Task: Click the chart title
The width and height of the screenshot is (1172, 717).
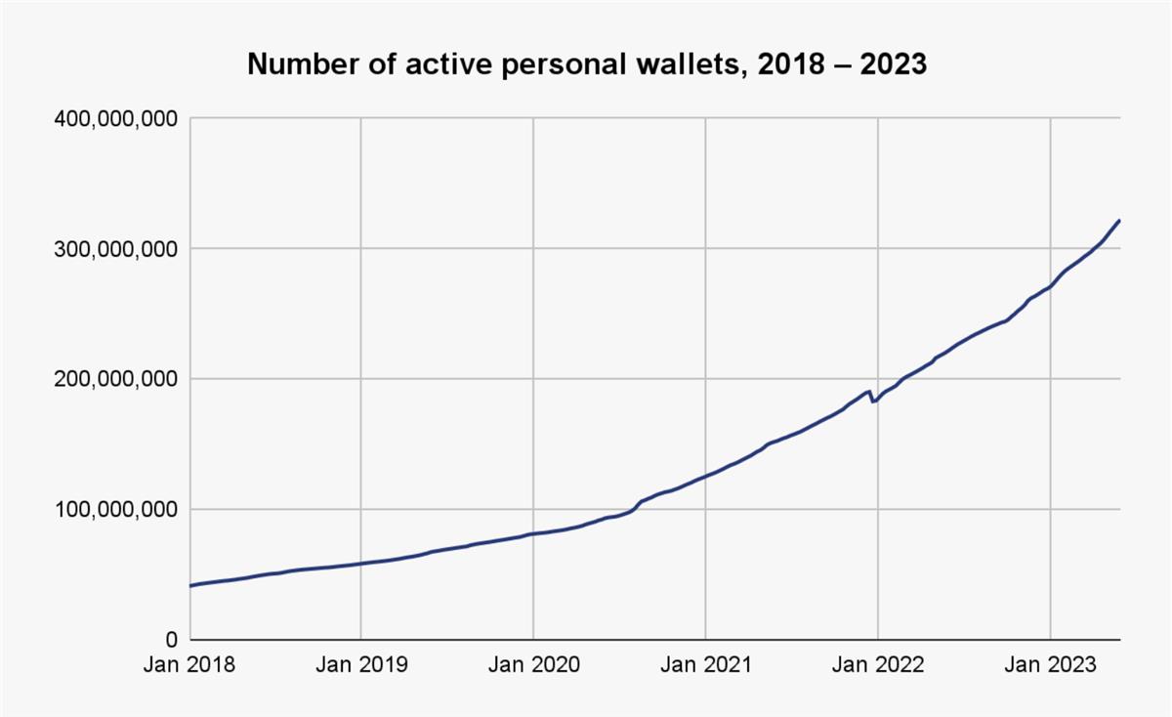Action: tap(586, 64)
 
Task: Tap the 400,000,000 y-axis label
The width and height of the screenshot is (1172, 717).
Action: tap(114, 118)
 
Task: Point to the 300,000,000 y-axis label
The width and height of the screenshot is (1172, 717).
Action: tap(114, 248)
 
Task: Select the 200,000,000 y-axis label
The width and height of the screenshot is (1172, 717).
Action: tap(114, 379)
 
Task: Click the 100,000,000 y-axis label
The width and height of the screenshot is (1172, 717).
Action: tap(114, 509)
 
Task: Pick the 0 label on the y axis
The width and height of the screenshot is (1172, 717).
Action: tap(169, 640)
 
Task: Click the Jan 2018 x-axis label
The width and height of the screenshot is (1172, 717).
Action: tap(189, 665)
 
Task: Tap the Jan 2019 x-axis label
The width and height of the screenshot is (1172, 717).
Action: tap(361, 665)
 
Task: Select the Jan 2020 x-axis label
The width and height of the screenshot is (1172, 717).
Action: tap(533, 665)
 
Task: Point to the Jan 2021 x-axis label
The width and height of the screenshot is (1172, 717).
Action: tap(705, 665)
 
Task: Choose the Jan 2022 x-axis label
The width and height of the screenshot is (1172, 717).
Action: tap(877, 665)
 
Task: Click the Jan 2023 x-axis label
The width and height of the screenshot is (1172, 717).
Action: tap(1050, 665)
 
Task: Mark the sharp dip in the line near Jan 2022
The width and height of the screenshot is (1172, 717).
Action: tap(873, 401)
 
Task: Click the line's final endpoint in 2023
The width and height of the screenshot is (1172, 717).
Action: tap(1119, 221)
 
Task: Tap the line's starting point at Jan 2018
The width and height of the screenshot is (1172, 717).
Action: tap(190, 586)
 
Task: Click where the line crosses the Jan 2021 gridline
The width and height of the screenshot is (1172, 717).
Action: tap(705, 477)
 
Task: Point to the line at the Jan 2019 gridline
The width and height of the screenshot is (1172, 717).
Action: tap(361, 564)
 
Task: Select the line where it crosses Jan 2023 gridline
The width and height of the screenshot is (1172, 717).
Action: tap(1050, 286)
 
